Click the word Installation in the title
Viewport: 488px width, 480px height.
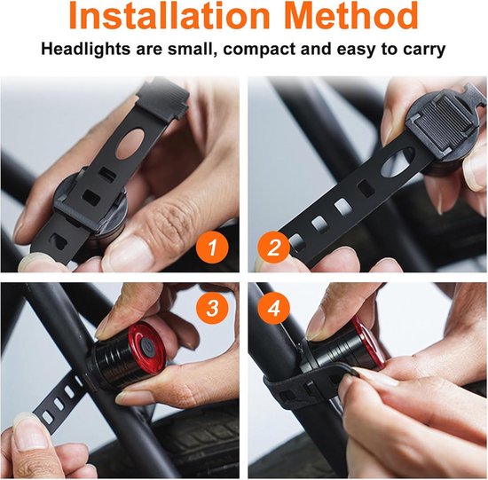pos(169,14)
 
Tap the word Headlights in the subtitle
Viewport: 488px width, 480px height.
pos(85,50)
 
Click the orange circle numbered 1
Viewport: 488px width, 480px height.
pos(212,248)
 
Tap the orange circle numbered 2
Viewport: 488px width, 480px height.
pos(273,248)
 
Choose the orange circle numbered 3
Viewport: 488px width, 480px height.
pos(212,308)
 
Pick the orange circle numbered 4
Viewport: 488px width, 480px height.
pos(273,308)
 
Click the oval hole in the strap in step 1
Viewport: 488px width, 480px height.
pos(130,143)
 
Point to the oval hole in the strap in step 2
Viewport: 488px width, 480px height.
pos(397,161)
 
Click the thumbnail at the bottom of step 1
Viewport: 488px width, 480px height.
pos(32,262)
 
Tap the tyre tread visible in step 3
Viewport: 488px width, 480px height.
pos(199,436)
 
